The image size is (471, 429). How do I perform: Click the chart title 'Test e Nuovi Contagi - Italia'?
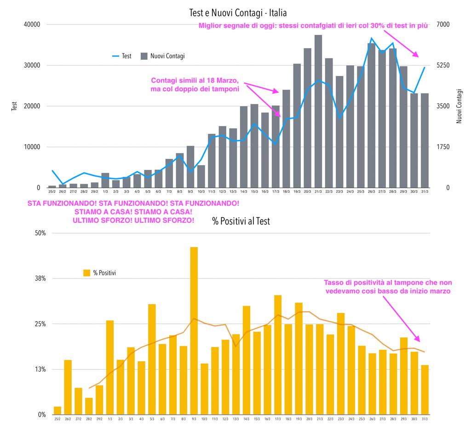tap(238, 13)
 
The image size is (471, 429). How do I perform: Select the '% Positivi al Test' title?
tap(241, 221)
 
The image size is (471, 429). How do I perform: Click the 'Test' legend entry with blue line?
tap(121, 56)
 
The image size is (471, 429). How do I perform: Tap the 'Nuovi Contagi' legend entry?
tap(162, 56)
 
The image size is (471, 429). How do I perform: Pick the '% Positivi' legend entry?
tap(99, 273)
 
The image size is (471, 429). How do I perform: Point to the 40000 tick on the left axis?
tap(32, 24)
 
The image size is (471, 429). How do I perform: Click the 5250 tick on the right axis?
tap(443, 65)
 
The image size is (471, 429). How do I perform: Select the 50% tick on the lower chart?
tap(40, 233)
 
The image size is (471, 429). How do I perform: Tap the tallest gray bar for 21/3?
tap(318, 111)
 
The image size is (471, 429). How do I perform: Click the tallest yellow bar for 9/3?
tap(194, 330)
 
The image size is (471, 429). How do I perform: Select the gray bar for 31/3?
tap(425, 140)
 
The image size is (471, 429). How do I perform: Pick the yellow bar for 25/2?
tap(57, 411)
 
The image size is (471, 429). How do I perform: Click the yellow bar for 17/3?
tap(278, 355)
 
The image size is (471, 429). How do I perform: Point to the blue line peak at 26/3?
tap(372, 38)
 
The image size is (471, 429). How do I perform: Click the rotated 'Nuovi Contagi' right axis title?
tap(459, 106)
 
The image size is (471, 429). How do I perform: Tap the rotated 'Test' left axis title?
tap(14, 106)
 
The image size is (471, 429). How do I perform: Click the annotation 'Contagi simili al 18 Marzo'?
tap(195, 81)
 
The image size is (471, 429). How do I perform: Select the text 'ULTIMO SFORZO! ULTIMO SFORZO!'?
tap(133, 220)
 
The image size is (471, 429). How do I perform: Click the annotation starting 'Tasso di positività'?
tap(388, 287)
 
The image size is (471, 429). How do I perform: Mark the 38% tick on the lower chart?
tap(40, 278)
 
